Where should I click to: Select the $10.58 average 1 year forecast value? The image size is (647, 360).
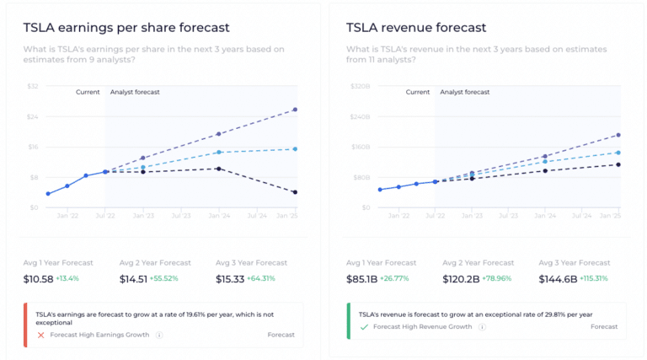tap(39, 278)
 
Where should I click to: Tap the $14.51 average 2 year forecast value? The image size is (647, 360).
tap(134, 278)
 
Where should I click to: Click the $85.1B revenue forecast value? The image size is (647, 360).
tap(363, 278)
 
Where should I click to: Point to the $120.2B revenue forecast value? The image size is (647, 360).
tap(462, 278)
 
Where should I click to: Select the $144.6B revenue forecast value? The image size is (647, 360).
tap(559, 278)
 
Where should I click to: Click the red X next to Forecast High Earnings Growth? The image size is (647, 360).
tap(40, 335)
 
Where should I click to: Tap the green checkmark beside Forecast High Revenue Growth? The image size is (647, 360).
tap(364, 326)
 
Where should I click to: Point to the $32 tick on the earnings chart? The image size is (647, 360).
tap(33, 86)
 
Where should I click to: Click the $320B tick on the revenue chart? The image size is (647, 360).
tap(360, 86)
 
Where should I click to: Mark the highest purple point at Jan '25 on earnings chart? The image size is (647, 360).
tap(295, 110)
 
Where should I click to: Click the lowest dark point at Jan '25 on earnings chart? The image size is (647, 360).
tap(295, 192)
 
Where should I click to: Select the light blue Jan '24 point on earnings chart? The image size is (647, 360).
tap(219, 152)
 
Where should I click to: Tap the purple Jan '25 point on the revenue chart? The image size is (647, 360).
tap(618, 135)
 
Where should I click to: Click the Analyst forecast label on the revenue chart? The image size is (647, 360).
tap(464, 92)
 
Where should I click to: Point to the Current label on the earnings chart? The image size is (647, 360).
tap(88, 92)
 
